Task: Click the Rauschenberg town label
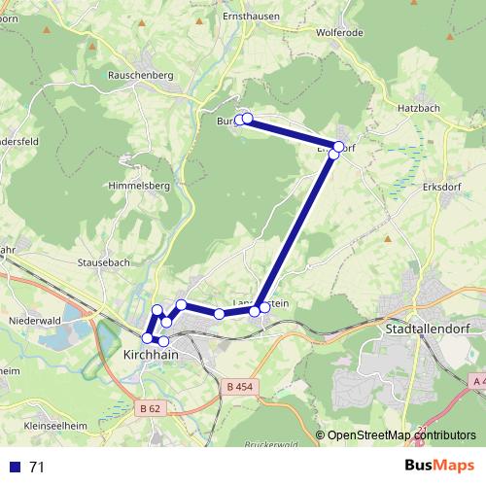(x=142, y=75)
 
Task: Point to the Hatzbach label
(x=420, y=110)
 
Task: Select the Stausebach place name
(x=103, y=262)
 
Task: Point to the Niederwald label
(x=35, y=320)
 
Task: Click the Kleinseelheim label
(x=55, y=426)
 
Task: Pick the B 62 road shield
(x=149, y=409)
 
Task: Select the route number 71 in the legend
(x=37, y=468)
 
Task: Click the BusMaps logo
(x=439, y=467)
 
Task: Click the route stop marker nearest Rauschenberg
(x=240, y=121)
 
